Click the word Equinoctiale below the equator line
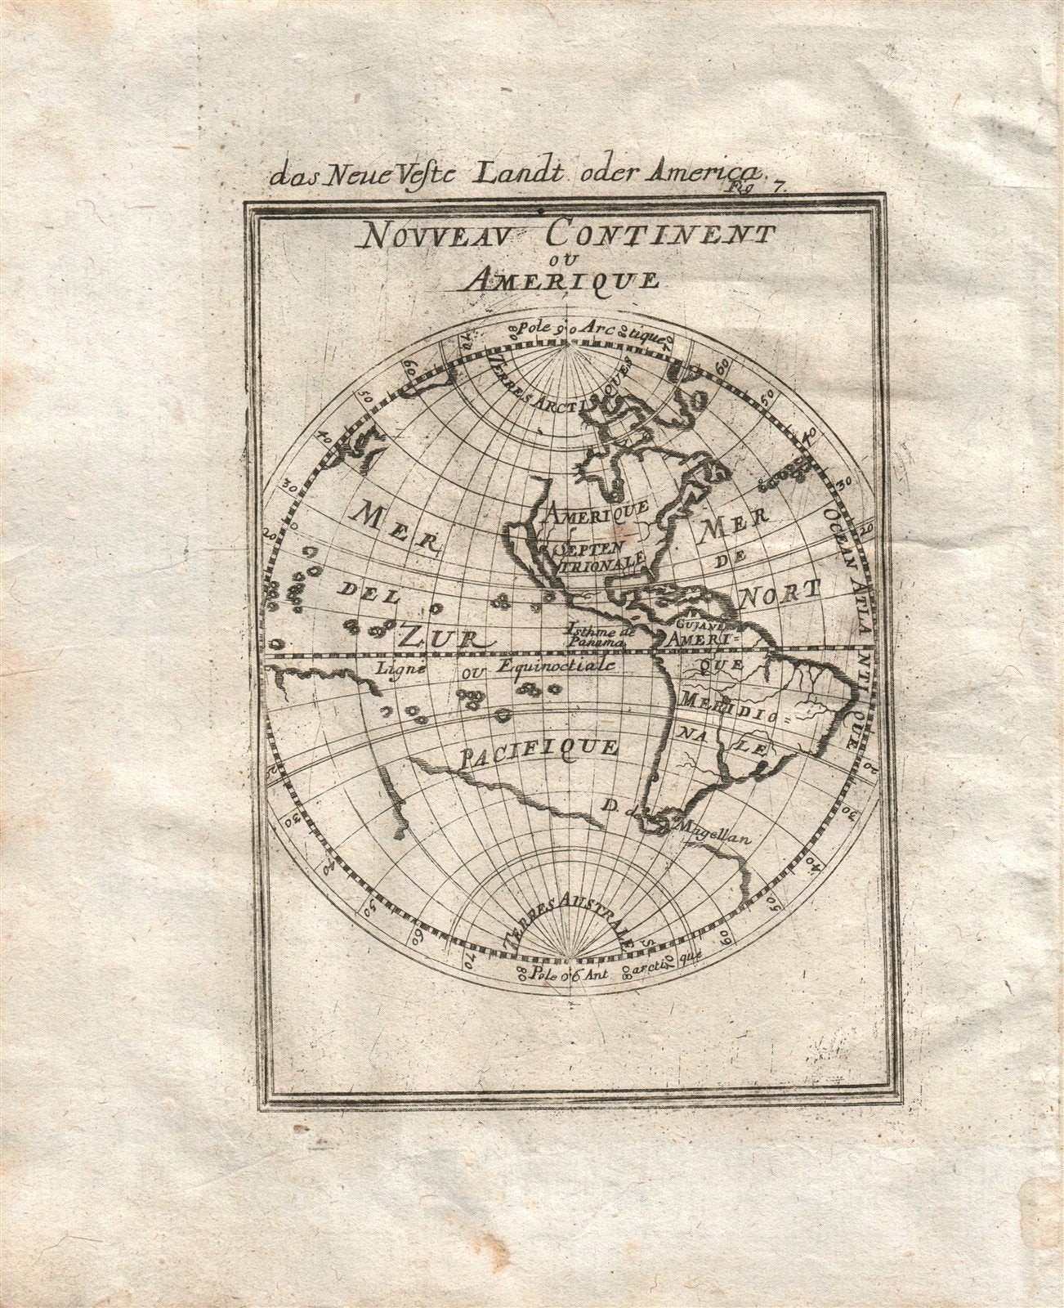pos(557,667)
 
